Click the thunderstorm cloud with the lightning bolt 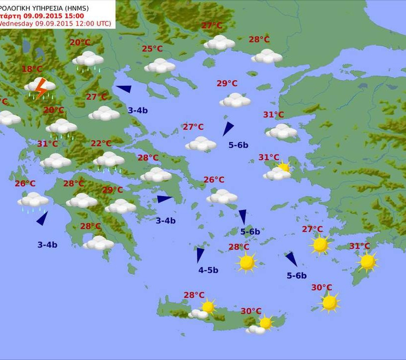pyautogui.click(x=40, y=88)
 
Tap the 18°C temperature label pyautogui.click(x=32, y=69)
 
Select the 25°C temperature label pyautogui.click(x=152, y=49)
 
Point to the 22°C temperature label pyautogui.click(x=101, y=144)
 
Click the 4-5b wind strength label pyautogui.click(x=208, y=270)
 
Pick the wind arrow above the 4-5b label pyautogui.click(x=200, y=255)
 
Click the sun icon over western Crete pyautogui.click(x=208, y=307)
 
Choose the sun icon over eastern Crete pyautogui.click(x=266, y=323)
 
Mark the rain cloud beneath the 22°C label pyautogui.click(x=108, y=160)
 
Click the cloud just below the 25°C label pyautogui.click(x=159, y=65)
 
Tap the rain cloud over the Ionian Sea pyautogui.click(x=33, y=200)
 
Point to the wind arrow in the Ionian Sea pyautogui.click(x=43, y=218)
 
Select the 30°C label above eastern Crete pyautogui.click(x=251, y=311)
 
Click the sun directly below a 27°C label pyautogui.click(x=320, y=244)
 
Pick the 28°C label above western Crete pyautogui.click(x=194, y=295)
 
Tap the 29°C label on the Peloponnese pyautogui.click(x=112, y=190)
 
